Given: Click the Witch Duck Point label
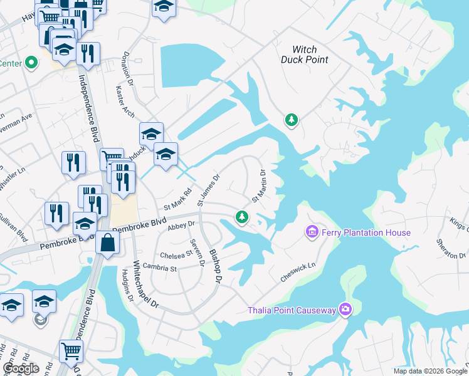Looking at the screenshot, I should (310, 55).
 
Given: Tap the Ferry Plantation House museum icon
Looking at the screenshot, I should (312, 232).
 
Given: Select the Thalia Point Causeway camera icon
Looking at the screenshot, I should (345, 309).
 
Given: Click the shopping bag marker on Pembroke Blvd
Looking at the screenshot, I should (108, 243).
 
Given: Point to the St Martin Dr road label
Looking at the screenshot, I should (260, 187).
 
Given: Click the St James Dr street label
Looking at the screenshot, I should (209, 190).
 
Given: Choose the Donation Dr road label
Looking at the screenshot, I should (129, 68).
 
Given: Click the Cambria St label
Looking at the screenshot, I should (161, 266).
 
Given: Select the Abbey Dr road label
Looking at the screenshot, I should (182, 224).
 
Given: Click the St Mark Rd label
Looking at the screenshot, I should (176, 201).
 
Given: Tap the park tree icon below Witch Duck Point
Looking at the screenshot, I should (291, 119).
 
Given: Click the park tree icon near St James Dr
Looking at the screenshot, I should (242, 217).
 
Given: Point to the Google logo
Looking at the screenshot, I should (21, 368).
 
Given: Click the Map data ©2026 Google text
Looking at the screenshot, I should (430, 371).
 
